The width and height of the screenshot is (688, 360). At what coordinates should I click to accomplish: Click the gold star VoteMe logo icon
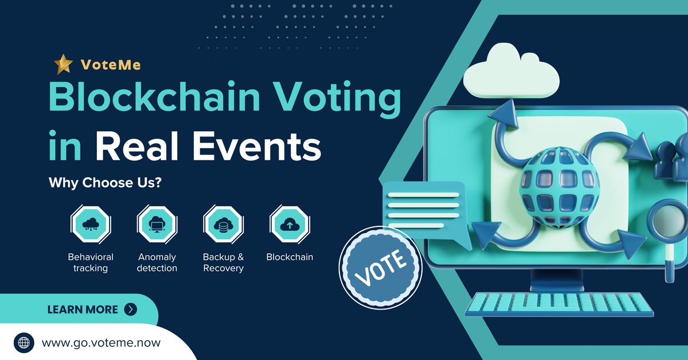point(63,64)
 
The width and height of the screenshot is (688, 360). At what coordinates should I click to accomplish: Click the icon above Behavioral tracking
point(90,225)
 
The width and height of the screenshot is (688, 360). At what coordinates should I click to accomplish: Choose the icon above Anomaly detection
point(157,225)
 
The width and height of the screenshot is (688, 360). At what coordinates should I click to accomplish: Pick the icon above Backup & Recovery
point(223,225)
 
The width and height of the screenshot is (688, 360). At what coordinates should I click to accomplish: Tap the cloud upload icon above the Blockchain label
point(290,225)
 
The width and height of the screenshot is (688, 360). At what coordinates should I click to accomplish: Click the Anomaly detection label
point(157,263)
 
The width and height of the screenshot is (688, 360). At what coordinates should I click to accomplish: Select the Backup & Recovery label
point(223,263)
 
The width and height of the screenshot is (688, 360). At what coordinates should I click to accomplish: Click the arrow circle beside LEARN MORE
point(131,310)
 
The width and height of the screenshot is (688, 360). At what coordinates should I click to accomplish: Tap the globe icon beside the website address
point(24,343)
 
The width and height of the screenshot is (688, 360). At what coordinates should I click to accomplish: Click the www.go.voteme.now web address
point(101,343)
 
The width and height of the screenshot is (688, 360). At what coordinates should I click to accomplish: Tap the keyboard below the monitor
point(559,303)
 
